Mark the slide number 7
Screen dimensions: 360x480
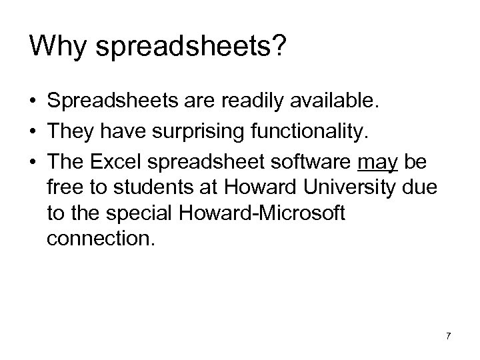point(448,335)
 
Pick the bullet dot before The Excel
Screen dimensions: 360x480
point(33,163)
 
